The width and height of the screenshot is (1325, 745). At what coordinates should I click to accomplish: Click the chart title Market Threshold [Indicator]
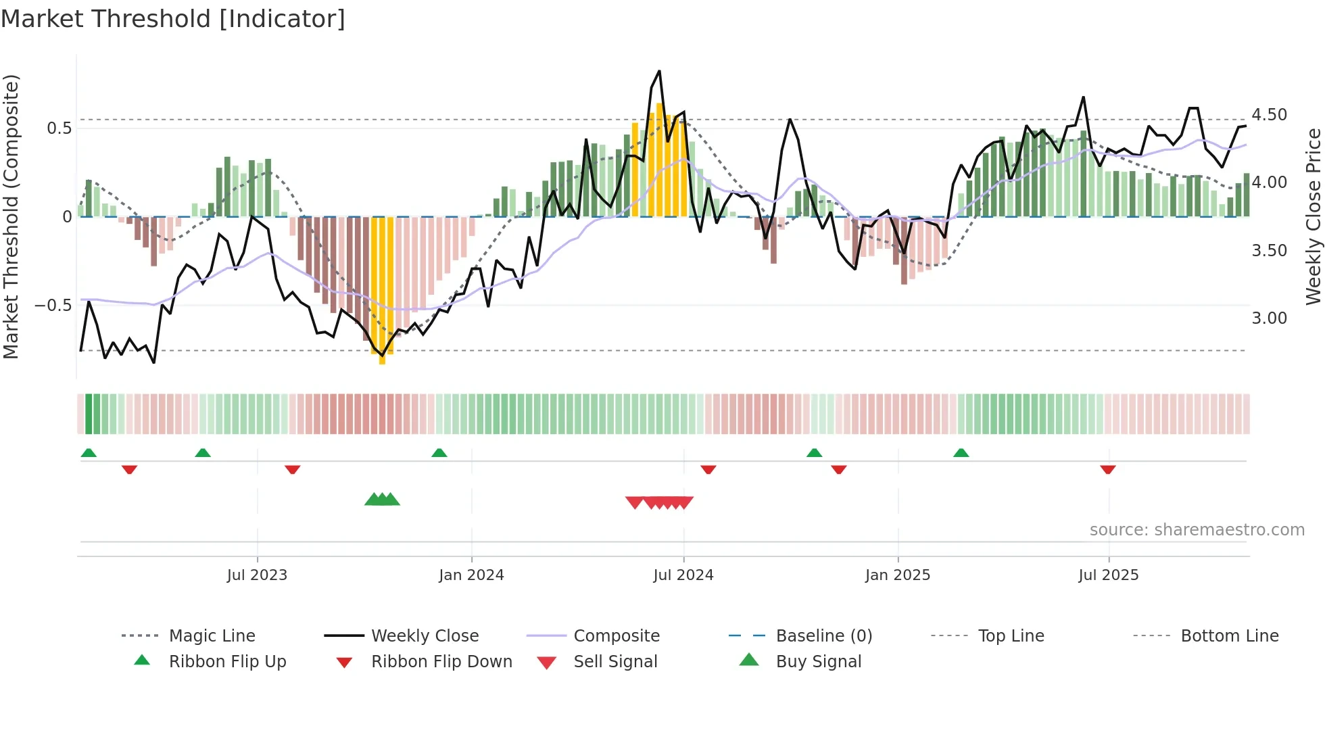pos(173,19)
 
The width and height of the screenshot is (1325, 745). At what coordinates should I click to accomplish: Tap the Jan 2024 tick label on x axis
pos(471,575)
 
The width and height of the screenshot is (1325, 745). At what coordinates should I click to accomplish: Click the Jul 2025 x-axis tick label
pos(1108,575)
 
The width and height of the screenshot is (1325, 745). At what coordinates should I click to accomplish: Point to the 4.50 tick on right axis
pos(1269,115)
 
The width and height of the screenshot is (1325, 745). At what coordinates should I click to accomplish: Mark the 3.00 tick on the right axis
pos(1269,318)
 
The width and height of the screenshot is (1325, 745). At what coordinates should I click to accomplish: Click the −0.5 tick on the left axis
pos(53,306)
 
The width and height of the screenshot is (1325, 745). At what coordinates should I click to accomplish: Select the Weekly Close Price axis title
pos(1313,216)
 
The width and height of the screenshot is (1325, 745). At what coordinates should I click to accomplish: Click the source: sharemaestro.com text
pos(1197,530)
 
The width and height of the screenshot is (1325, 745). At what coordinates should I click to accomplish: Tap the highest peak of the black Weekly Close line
pos(659,71)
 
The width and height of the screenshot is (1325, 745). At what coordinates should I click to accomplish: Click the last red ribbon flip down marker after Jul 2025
pos(1107,469)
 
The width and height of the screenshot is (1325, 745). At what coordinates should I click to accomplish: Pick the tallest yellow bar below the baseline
pos(383,291)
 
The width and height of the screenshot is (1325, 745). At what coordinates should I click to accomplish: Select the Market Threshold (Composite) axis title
pos(11,216)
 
